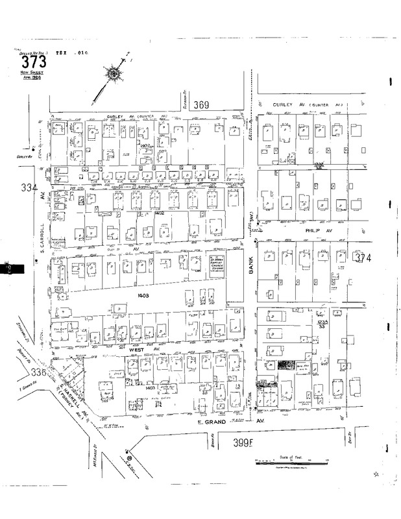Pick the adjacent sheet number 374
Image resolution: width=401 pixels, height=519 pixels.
[363, 259]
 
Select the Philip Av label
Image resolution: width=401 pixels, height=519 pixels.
[300, 230]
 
